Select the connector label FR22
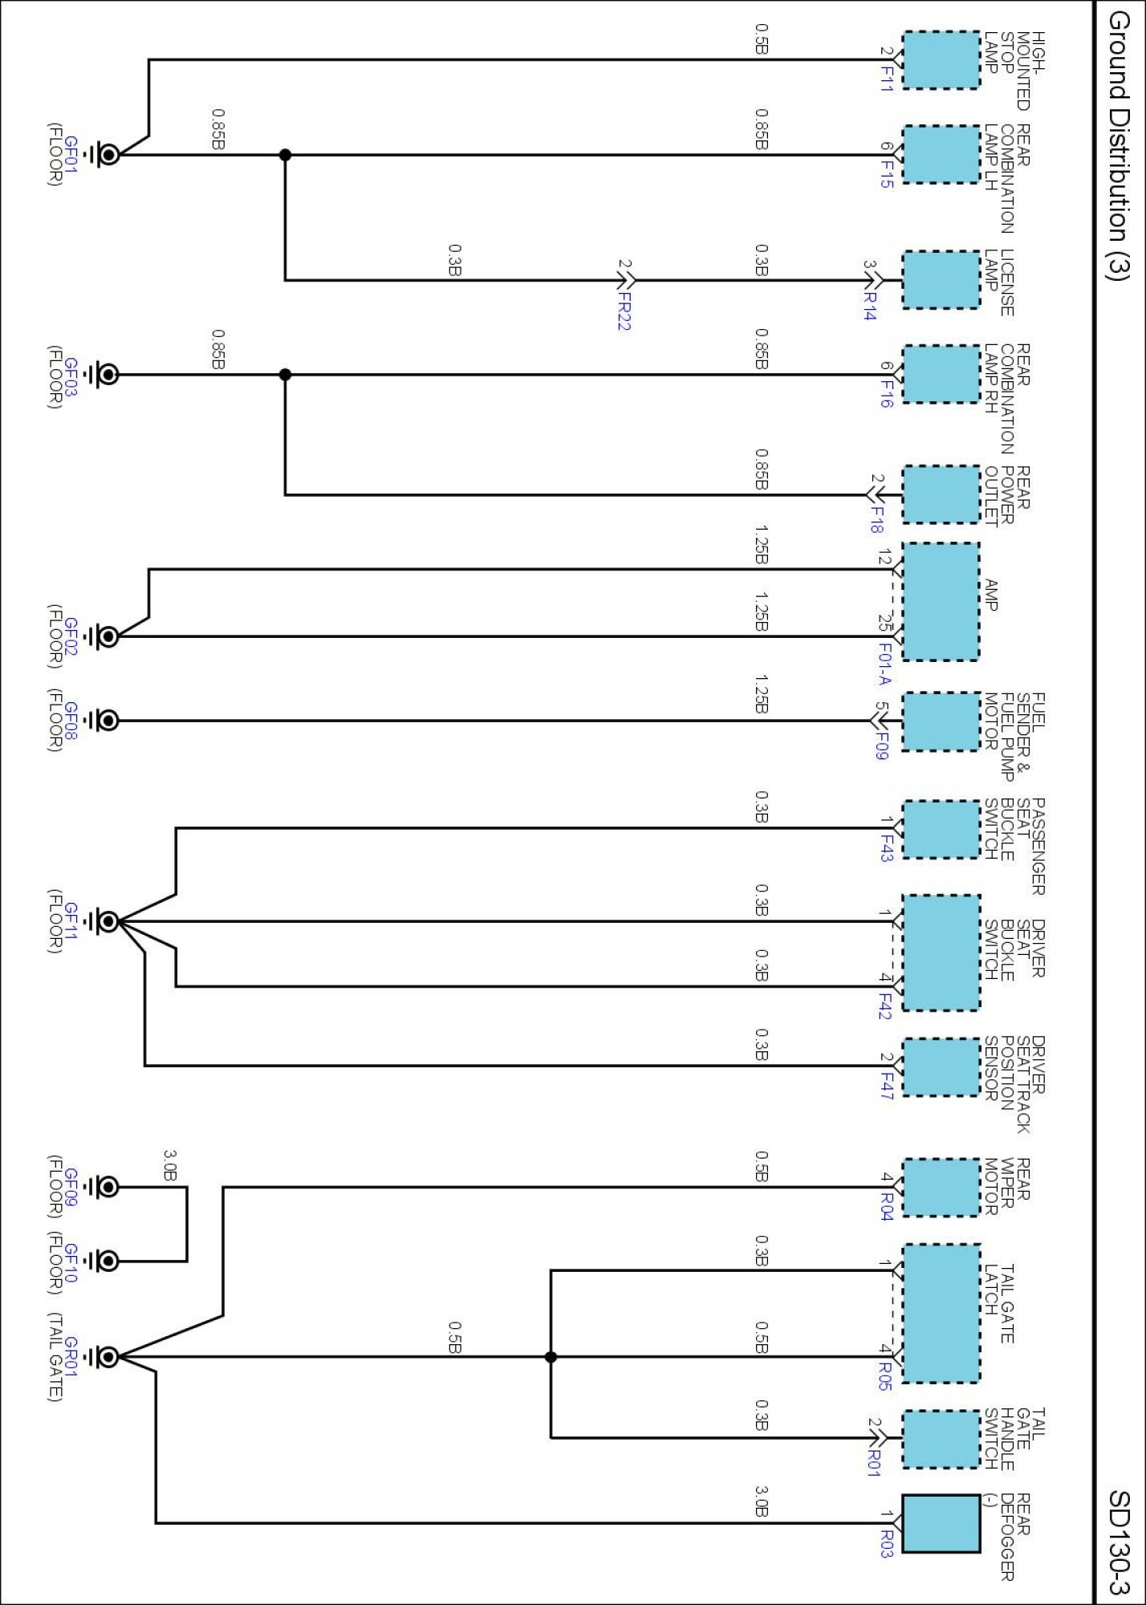(624, 310)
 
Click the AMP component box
(941, 602)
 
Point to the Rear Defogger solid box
(941, 1523)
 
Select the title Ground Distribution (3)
(1119, 145)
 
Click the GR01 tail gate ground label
(71, 1356)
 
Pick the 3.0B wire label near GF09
(170, 1165)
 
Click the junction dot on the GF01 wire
(285, 155)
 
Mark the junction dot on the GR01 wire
(551, 1357)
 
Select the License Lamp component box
(941, 280)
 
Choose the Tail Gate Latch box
(941, 1314)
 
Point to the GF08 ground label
(71, 721)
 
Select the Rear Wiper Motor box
(941, 1188)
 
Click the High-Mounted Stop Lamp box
(941, 59)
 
